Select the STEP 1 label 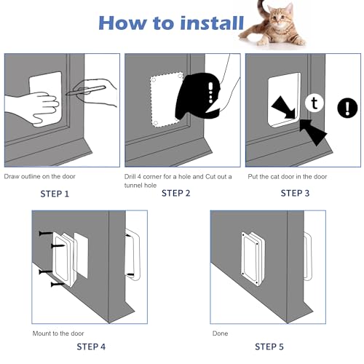pos(57,194)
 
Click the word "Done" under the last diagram pos(219,333)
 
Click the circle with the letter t pos(312,102)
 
